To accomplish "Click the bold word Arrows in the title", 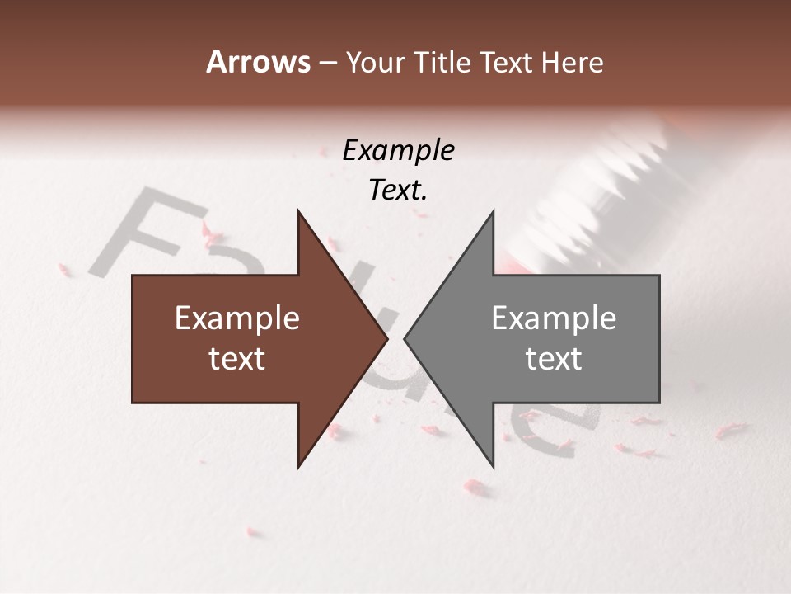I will [258, 62].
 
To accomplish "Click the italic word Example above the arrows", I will [398, 150].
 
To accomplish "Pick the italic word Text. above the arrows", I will [398, 190].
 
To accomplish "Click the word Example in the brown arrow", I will [237, 318].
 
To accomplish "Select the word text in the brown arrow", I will [237, 359].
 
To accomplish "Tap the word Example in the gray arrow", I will [554, 318].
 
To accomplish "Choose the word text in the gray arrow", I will [554, 359].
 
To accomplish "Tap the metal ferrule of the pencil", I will [610, 181].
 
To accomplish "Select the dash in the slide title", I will [327, 64].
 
